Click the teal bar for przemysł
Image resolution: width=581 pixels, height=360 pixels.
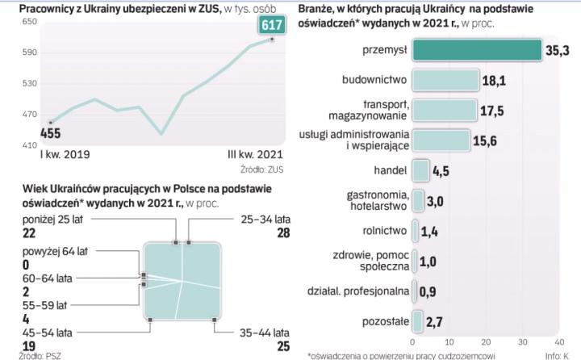[476, 50]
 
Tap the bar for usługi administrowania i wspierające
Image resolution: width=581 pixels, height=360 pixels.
[441, 140]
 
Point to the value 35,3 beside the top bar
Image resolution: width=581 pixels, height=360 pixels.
[556, 50]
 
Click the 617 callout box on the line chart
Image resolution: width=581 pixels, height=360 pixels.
[270, 26]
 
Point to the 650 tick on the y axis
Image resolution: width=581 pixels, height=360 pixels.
[29, 21]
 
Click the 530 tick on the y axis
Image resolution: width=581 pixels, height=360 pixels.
[29, 83]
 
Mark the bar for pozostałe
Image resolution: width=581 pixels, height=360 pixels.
[416, 322]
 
